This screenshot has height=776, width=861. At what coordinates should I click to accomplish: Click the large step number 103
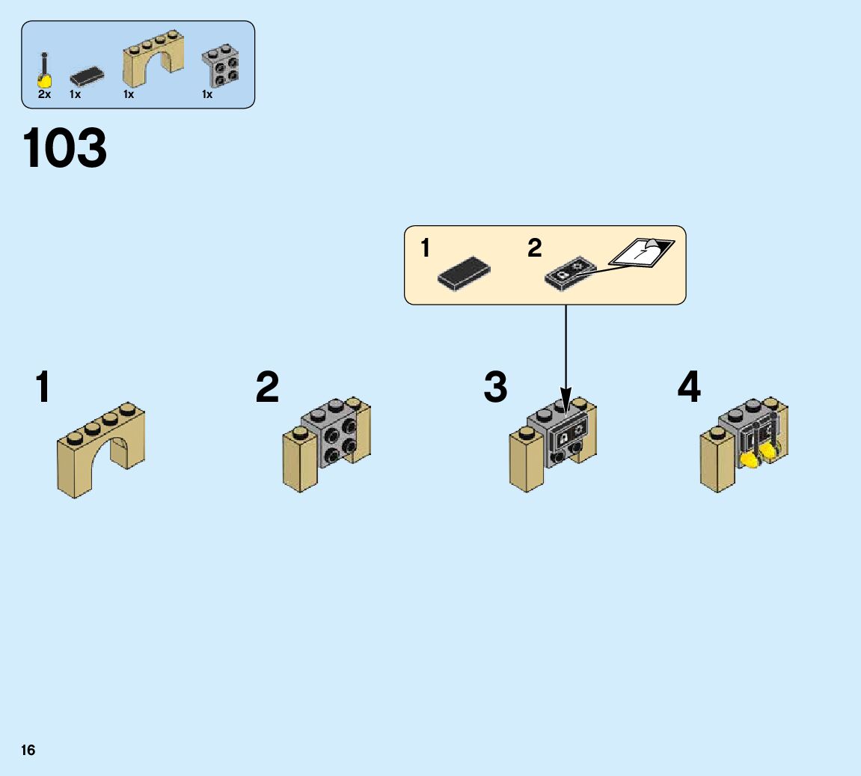(65, 148)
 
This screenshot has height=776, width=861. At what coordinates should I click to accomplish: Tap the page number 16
(28, 750)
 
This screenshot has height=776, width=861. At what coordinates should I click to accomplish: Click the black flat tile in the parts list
(87, 76)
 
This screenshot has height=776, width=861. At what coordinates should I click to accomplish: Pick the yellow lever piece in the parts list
(45, 74)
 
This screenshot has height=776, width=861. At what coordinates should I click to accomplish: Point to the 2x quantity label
(44, 95)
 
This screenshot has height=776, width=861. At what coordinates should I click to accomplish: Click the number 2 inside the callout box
(534, 248)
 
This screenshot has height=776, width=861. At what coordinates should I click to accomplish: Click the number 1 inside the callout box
(426, 248)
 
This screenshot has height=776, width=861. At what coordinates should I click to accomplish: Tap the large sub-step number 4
(689, 388)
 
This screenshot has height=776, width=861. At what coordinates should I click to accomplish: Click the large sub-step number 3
(495, 388)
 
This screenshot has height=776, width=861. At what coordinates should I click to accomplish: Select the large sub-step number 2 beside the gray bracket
(267, 388)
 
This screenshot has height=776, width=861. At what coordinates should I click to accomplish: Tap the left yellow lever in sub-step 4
(748, 459)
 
